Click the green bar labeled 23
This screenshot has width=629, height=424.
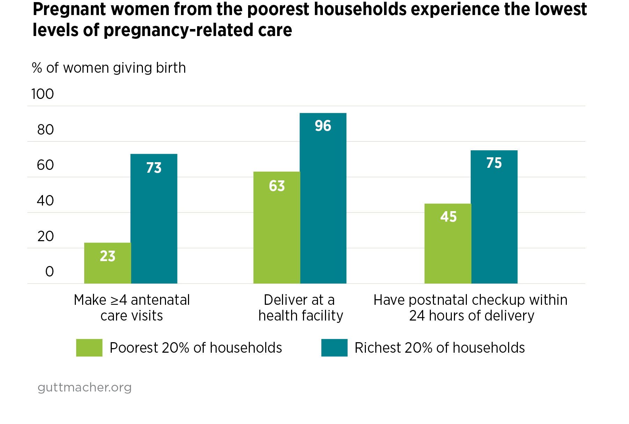107,263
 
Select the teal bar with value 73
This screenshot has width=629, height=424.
154,218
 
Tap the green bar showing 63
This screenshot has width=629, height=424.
276,227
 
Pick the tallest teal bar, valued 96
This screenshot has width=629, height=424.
323,198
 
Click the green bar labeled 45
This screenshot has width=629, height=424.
448,243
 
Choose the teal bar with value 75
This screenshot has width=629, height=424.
494,217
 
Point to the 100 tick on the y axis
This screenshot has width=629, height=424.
43,94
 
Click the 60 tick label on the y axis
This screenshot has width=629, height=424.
45,165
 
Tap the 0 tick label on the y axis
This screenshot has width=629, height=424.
50,272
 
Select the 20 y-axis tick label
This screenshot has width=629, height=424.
45,236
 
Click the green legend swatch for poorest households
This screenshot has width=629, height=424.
89,347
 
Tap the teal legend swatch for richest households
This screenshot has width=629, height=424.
334,347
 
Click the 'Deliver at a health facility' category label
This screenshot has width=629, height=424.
300,308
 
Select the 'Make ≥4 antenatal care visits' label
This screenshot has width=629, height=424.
132,308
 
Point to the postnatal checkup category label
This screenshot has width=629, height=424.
470,308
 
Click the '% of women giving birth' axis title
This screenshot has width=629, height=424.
109,68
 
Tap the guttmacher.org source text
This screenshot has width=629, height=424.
85,387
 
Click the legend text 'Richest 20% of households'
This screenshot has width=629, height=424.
440,348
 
